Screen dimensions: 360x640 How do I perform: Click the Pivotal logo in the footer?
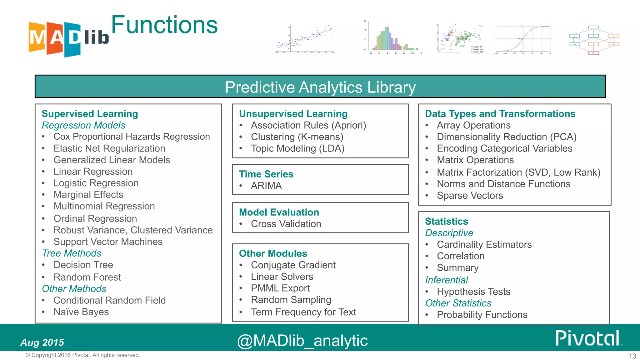(x=587, y=338)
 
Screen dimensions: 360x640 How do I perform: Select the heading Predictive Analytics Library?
(x=320, y=87)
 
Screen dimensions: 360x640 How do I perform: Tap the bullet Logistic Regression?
(x=96, y=183)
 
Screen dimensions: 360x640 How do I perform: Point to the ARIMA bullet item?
(x=266, y=186)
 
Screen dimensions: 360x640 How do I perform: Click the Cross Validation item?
(x=286, y=224)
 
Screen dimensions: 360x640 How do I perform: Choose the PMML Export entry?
(x=280, y=288)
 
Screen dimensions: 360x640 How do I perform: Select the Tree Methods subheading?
(x=72, y=253)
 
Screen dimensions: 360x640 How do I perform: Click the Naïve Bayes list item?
(x=81, y=312)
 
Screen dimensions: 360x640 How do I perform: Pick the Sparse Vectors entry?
(x=470, y=196)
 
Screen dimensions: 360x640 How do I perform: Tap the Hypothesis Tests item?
(x=473, y=292)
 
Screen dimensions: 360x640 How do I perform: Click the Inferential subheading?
(x=447, y=280)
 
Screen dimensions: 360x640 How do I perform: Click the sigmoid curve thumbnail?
(x=523, y=39)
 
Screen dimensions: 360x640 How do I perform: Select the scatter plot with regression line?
(x=305, y=39)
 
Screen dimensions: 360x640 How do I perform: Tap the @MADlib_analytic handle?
(x=302, y=341)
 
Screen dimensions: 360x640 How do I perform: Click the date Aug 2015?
(x=42, y=342)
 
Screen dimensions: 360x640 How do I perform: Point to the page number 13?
(x=632, y=356)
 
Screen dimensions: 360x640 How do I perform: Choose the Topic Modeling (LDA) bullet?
(x=297, y=148)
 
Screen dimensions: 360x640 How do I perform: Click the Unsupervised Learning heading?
(x=293, y=114)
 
